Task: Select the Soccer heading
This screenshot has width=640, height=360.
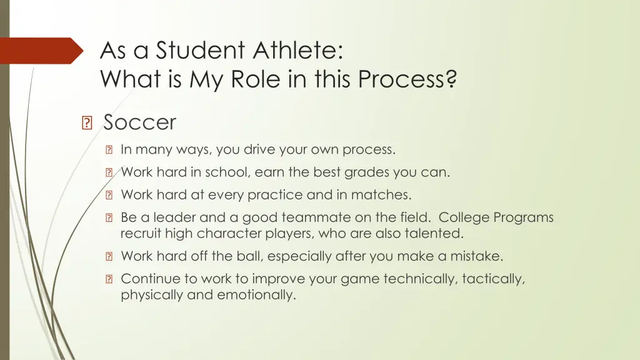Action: pyautogui.click(x=140, y=122)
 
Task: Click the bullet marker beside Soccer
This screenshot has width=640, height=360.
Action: pyautogui.click(x=87, y=123)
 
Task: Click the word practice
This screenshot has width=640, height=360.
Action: pyautogui.click(x=269, y=195)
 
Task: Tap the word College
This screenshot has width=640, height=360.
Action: pyautogui.click(x=464, y=217)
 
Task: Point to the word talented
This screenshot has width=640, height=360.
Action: pyautogui.click(x=436, y=234)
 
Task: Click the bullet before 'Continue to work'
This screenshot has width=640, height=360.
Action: pyautogui.click(x=109, y=279)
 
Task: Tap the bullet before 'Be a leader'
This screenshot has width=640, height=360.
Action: pyautogui.click(x=109, y=218)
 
